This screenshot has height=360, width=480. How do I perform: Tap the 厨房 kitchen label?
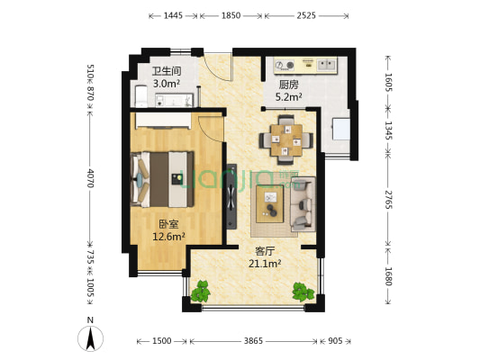tap(277, 85)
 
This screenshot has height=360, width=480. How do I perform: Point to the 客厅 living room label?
tap(265, 251)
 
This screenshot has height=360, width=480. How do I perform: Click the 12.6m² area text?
tap(168, 238)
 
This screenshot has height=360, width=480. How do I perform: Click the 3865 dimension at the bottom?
tap(254, 342)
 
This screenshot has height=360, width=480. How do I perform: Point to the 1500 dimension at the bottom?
tap(162, 342)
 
